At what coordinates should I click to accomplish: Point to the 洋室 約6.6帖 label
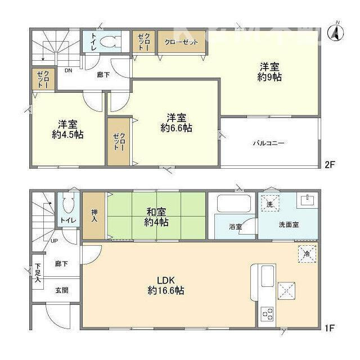click(176, 123)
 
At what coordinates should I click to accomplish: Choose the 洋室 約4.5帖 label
click(68, 129)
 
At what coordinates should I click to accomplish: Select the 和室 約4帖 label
click(156, 217)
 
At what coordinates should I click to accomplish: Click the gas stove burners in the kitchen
click(266, 313)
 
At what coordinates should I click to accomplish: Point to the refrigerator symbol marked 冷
click(307, 254)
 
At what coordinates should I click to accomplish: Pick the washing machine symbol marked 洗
click(270, 204)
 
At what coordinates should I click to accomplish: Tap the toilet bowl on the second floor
click(112, 41)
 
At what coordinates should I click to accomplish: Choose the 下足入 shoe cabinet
click(37, 273)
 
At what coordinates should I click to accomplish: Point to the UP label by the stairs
click(54, 241)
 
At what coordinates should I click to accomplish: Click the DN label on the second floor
click(68, 71)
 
